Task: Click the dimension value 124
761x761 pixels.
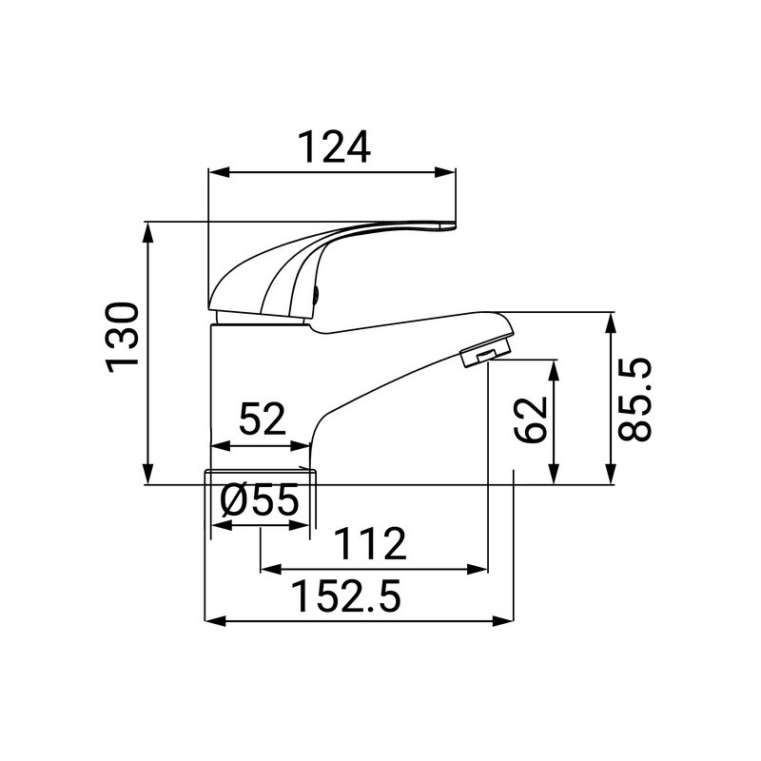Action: coord(333,146)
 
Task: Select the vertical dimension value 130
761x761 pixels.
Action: coord(125,338)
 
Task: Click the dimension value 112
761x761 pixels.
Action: coord(370,545)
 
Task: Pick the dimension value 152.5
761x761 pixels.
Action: coord(346,597)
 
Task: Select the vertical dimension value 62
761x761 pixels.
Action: coord(531,419)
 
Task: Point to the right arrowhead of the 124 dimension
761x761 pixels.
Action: coord(450,172)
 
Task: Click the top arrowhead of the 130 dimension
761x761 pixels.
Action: coord(148,229)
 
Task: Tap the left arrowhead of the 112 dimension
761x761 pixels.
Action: coord(267,570)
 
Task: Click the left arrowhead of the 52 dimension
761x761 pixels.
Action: coord(215,445)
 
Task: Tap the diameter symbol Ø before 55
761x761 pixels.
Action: coord(232,501)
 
